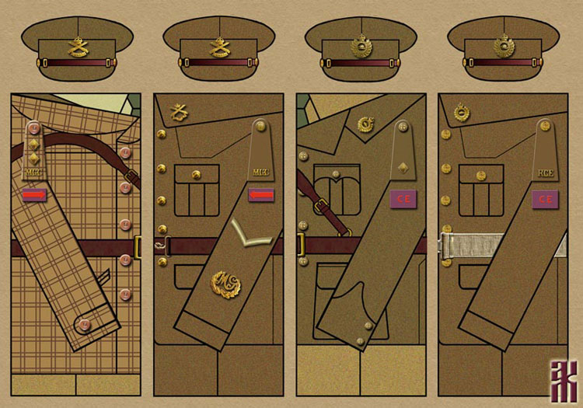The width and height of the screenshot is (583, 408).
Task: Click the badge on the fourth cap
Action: click(x=504, y=47)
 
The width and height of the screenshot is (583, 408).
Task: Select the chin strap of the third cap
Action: click(x=362, y=61)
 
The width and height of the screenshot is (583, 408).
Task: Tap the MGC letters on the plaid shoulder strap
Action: click(x=34, y=171)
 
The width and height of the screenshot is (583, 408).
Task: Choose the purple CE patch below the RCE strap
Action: click(x=544, y=199)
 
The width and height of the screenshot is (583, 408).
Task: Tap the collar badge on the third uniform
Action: click(x=365, y=124)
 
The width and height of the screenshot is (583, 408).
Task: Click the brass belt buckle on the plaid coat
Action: click(x=138, y=248)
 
